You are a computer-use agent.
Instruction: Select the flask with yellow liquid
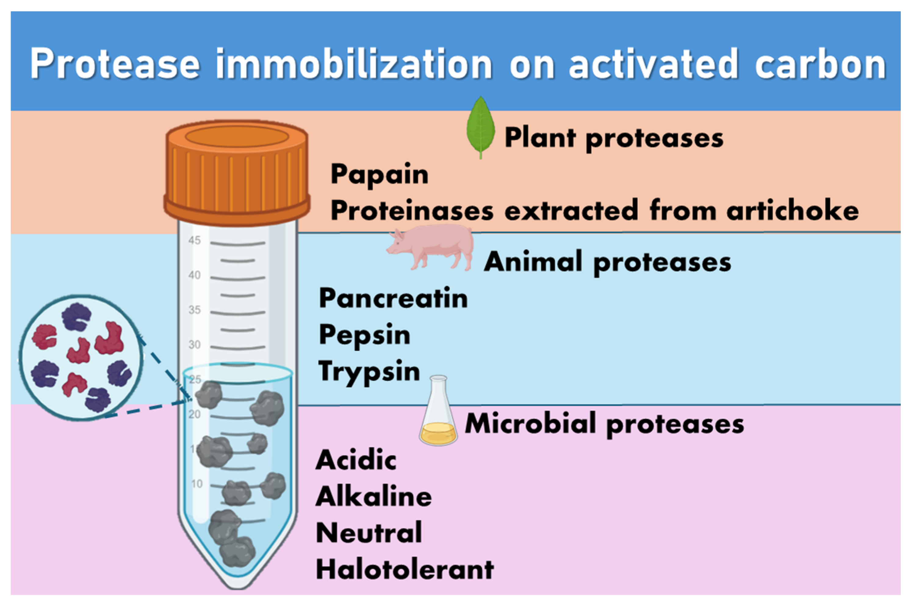tap(438, 414)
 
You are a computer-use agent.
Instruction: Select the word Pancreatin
tap(393, 298)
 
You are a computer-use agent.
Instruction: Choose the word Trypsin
tap(369, 372)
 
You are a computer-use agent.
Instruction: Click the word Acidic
tap(356, 460)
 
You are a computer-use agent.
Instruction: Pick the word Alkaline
tap(373, 497)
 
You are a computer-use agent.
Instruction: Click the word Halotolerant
tap(405, 569)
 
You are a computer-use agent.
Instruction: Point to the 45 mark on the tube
tap(194, 241)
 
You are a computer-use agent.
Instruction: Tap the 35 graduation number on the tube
tap(194, 310)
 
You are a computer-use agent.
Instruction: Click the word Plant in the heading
tap(540, 138)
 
